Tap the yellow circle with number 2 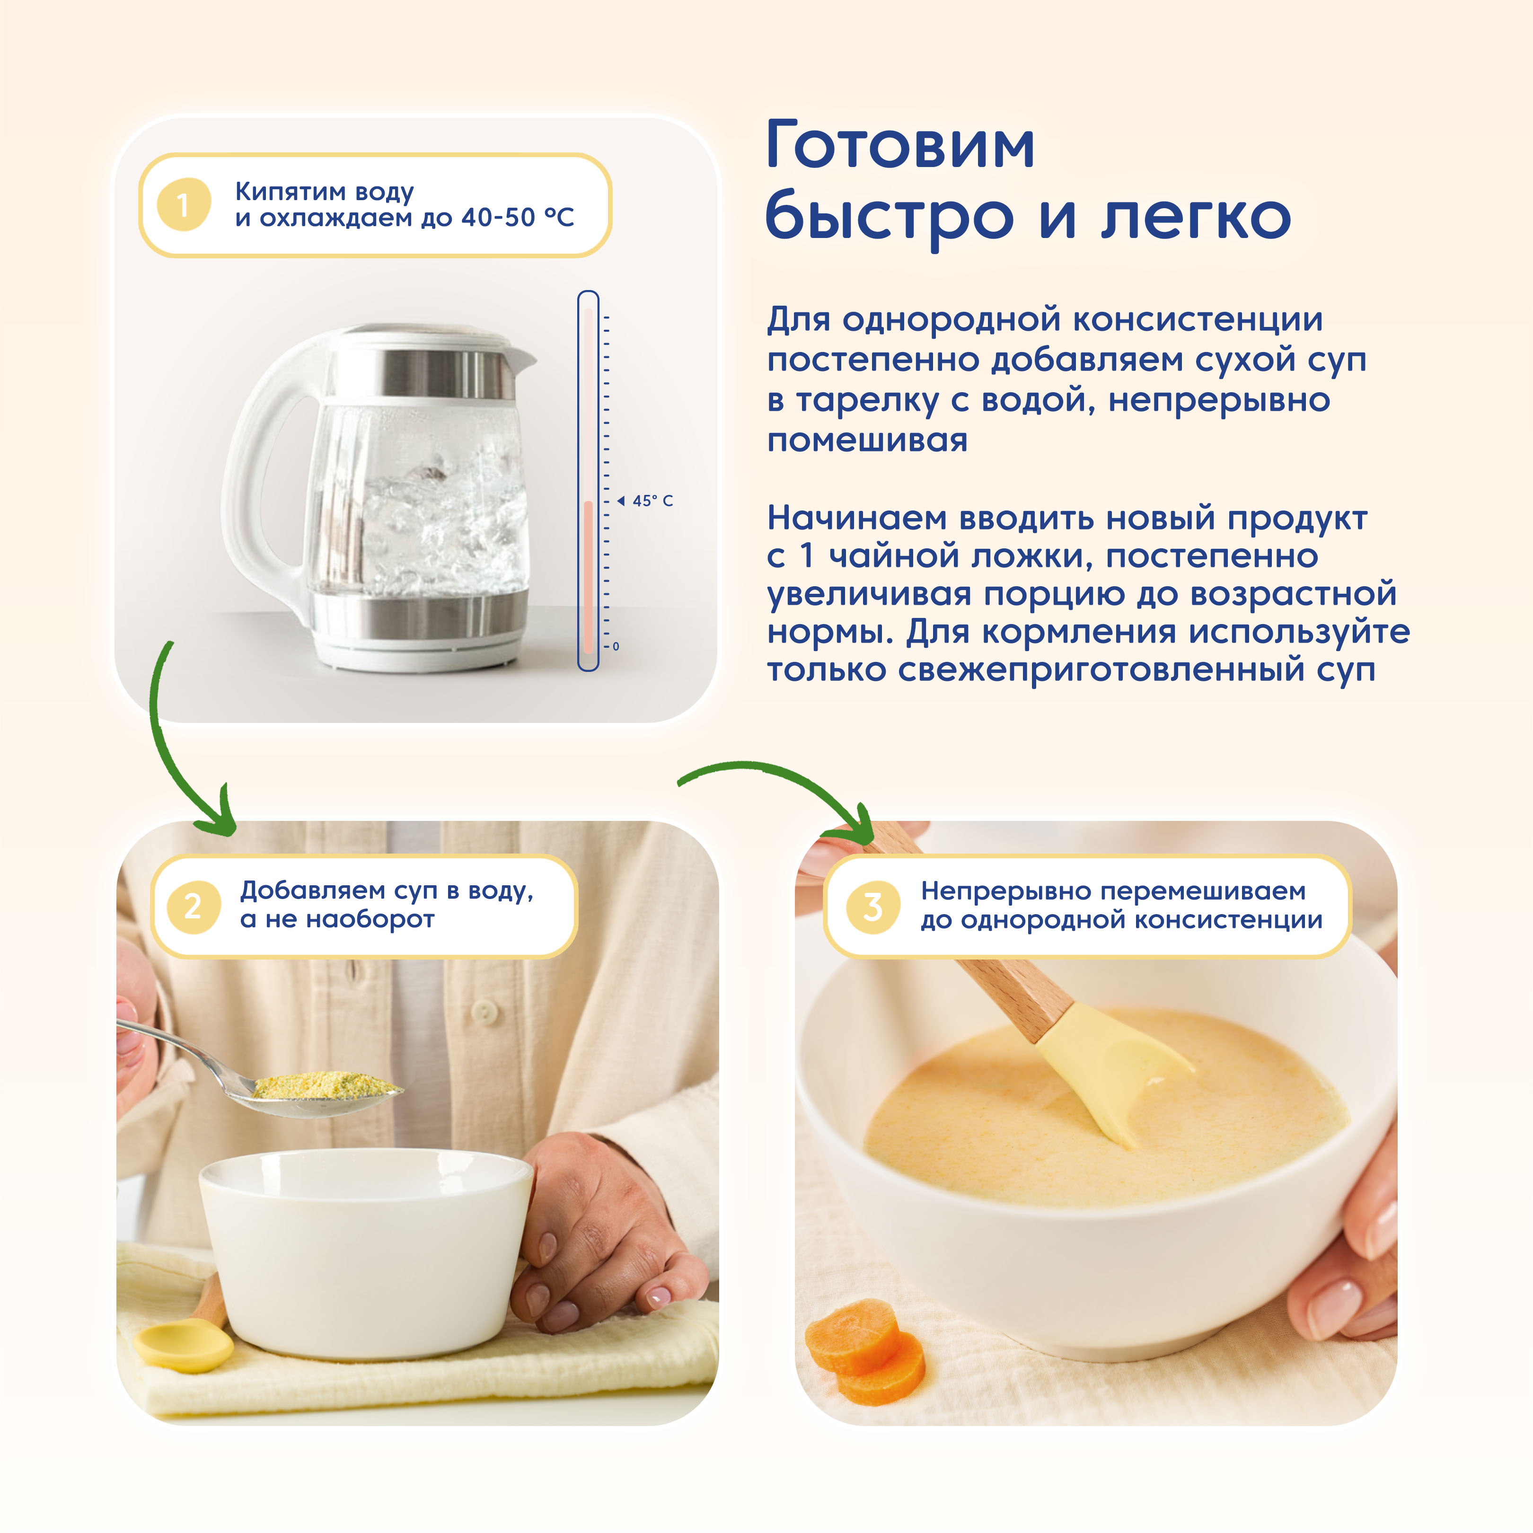click(x=193, y=906)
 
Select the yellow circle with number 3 click(x=873, y=906)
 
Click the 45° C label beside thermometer click(x=652, y=501)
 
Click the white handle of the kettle click(x=254, y=476)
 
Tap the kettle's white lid click(x=429, y=337)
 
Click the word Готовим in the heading click(x=900, y=146)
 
